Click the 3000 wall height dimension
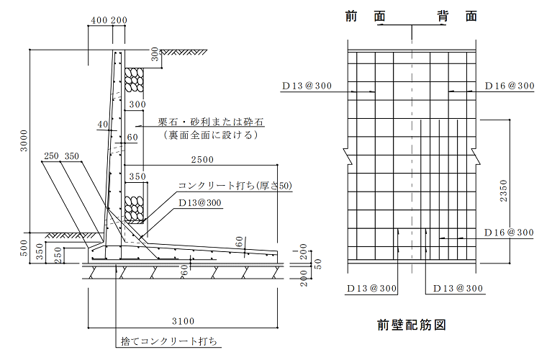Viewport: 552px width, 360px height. coord(24,141)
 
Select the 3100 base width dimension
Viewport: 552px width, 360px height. coord(183,321)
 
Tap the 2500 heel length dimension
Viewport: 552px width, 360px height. coord(202,160)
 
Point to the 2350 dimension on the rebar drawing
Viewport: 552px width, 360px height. coord(504,191)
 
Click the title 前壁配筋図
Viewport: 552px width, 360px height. coord(412,325)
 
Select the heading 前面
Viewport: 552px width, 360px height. coord(366,17)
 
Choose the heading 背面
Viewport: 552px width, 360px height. coord(457,17)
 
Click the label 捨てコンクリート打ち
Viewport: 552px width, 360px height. coord(169,341)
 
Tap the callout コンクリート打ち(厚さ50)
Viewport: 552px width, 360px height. coord(235,185)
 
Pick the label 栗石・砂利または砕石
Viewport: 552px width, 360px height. coord(211,122)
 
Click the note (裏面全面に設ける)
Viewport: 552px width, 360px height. coord(211,135)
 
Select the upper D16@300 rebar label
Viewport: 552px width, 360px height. coord(510,86)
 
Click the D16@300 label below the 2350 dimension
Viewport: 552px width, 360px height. coord(509,233)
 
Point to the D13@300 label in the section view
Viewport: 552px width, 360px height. coord(199,203)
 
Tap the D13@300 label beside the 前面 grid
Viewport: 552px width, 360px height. coord(307,86)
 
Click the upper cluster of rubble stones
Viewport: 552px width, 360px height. coord(135,80)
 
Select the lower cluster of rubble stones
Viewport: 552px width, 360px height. coord(135,209)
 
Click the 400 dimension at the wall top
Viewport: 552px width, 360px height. coord(99,20)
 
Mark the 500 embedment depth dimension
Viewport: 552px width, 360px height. coord(24,248)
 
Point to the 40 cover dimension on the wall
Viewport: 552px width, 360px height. coord(103,125)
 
